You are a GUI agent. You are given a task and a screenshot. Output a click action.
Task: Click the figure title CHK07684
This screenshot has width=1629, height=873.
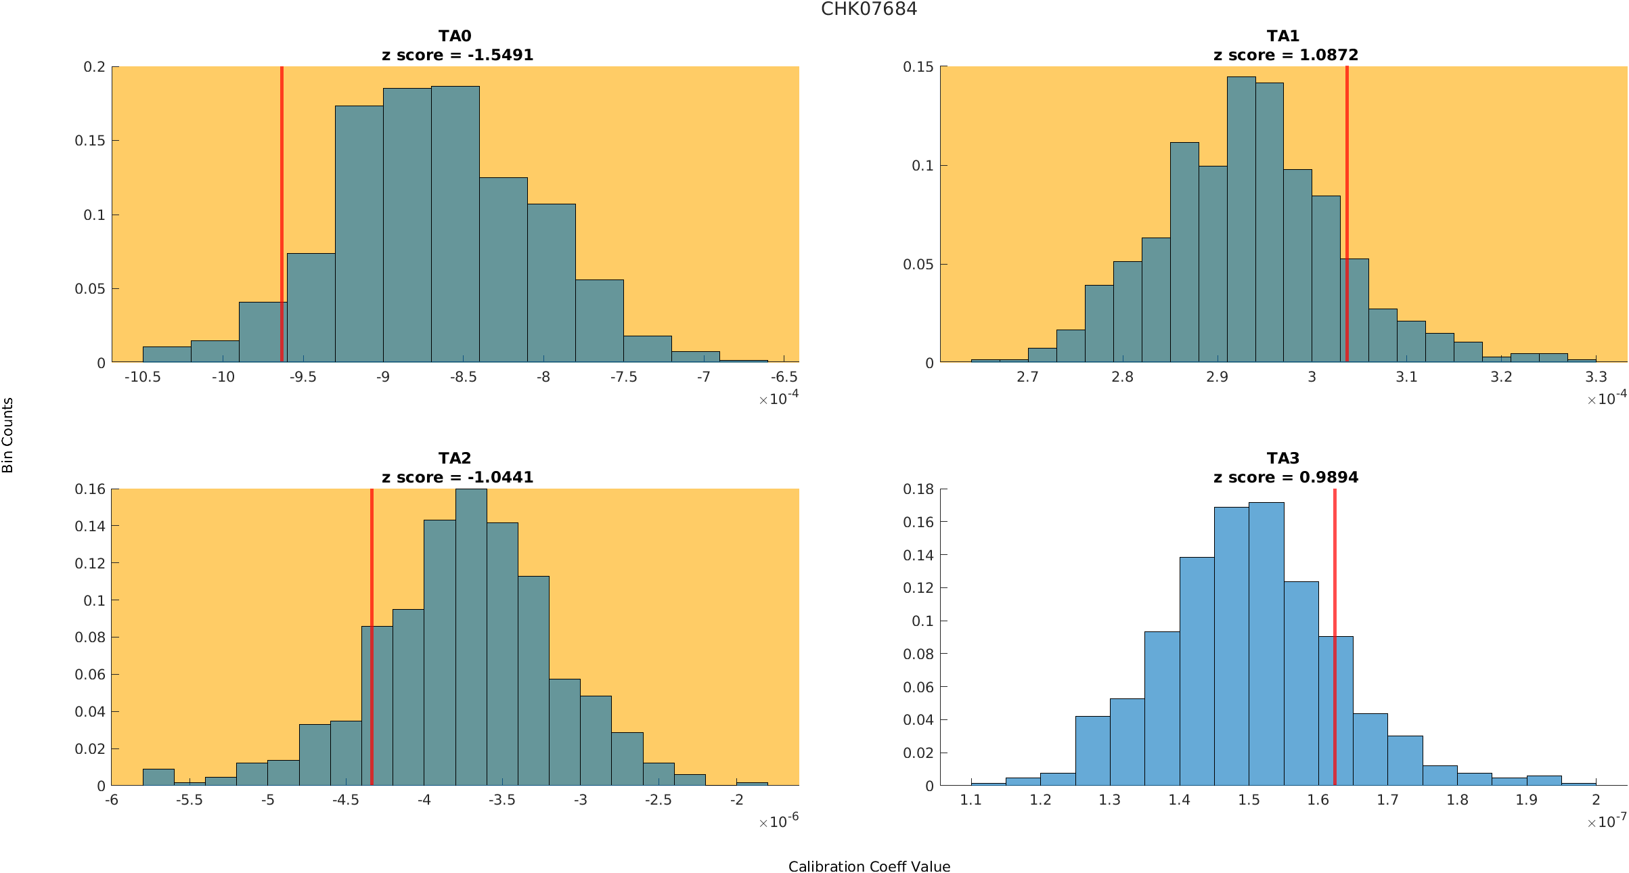click(x=869, y=9)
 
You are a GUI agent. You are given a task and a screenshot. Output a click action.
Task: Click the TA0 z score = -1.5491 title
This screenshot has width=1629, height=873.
click(x=458, y=55)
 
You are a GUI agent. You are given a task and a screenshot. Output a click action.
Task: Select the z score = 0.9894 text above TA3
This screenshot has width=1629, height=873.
click(x=1285, y=477)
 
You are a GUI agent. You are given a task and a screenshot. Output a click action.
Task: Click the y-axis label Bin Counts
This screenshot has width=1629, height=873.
click(x=7, y=435)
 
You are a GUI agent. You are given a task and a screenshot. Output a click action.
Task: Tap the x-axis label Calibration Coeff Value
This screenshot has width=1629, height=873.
click(x=869, y=866)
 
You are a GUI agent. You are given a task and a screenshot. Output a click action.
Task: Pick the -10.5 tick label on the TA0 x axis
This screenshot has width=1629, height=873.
click(x=142, y=377)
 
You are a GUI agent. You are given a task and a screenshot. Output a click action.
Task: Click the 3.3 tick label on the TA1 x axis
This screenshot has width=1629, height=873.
click(x=1596, y=377)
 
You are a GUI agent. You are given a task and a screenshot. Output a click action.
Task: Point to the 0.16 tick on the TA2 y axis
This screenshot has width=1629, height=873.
click(x=90, y=489)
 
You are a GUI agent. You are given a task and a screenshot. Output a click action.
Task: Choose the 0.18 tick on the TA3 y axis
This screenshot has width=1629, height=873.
click(x=918, y=489)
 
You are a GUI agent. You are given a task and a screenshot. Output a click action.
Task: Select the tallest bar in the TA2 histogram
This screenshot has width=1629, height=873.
click(x=471, y=636)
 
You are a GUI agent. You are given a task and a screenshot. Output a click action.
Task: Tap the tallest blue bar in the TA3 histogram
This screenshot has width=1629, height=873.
click(x=1266, y=643)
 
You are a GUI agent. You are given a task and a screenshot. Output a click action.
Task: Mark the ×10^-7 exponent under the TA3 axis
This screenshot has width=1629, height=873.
click(x=1607, y=822)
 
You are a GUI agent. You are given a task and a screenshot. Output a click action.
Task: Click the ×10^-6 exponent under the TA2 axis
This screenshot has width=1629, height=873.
click(x=778, y=822)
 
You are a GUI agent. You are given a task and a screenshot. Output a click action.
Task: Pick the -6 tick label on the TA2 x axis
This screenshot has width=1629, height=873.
click(x=112, y=800)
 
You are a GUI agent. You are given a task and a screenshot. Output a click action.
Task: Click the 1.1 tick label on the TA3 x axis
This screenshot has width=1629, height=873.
click(x=971, y=800)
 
